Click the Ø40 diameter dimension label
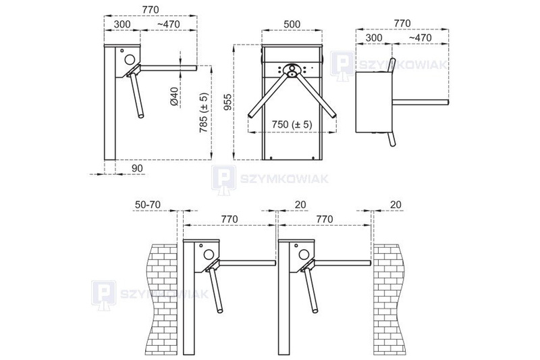pyautogui.click(x=175, y=97)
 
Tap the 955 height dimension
pyautogui.click(x=227, y=102)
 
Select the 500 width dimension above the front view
pyautogui.click(x=292, y=24)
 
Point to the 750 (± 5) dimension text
pyautogui.click(x=292, y=124)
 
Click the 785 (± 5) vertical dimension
pyautogui.click(x=204, y=113)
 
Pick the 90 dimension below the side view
pyautogui.click(x=137, y=168)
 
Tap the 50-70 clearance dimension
pyautogui.click(x=148, y=205)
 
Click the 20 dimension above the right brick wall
pyautogui.click(x=396, y=205)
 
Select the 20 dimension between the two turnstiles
pyautogui.click(x=300, y=205)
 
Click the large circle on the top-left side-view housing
pyautogui.click(x=130, y=59)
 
